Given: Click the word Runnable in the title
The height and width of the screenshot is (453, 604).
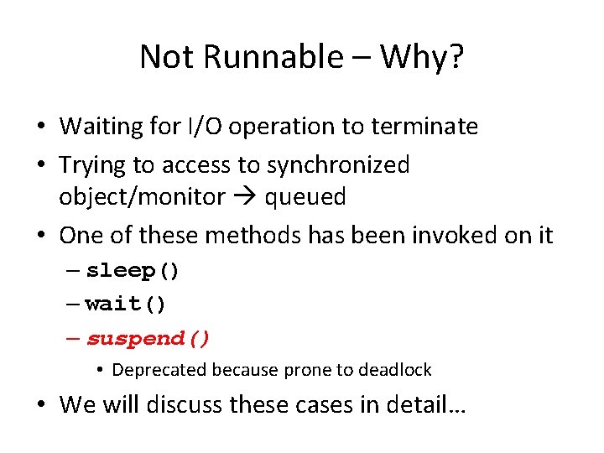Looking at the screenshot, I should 270,57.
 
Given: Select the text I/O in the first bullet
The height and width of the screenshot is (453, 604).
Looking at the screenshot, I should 214,127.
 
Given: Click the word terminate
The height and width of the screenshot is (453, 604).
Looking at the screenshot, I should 423,127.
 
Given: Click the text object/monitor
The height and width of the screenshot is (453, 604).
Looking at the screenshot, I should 142,197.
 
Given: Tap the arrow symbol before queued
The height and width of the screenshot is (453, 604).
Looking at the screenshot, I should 245,197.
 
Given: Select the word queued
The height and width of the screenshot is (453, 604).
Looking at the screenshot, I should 305,197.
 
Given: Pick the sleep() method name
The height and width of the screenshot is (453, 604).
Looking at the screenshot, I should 133,271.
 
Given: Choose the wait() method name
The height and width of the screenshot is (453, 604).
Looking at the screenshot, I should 126,304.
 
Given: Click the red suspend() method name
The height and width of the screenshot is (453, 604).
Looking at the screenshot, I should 148,338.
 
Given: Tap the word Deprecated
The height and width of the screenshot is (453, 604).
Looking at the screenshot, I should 159,370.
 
